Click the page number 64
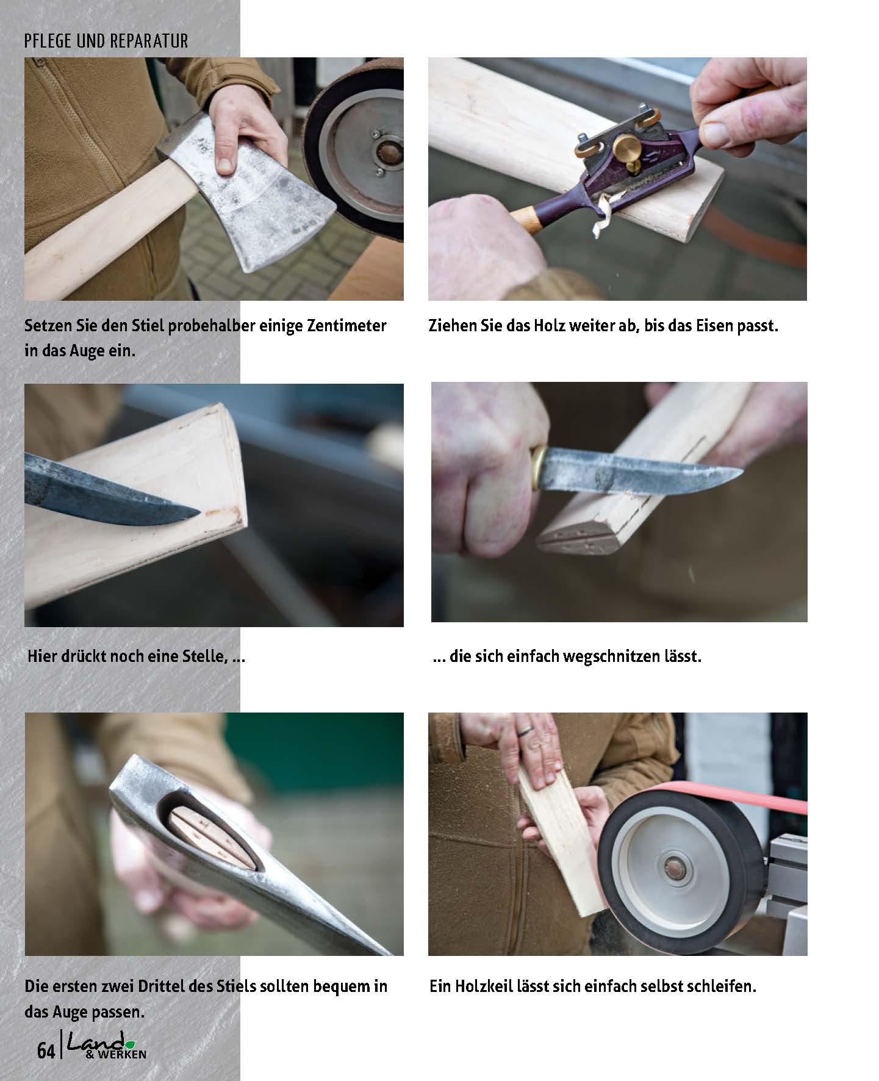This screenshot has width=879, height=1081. (x=46, y=1052)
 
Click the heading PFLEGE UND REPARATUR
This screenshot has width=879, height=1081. (x=106, y=41)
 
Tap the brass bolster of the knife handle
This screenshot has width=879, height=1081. (x=537, y=467)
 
